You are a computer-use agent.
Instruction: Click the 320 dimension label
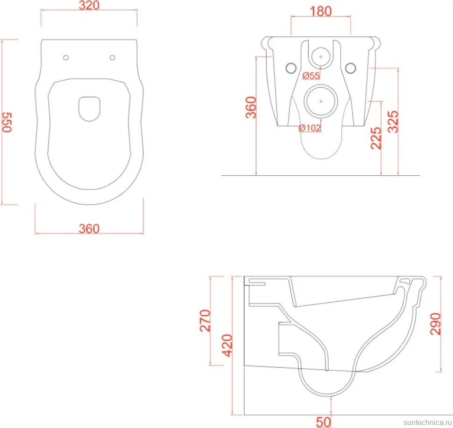(x=89, y=5)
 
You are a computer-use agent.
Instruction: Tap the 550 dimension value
(x=7, y=122)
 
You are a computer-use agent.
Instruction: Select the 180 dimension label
(x=320, y=11)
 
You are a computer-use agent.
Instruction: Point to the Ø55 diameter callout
(x=311, y=76)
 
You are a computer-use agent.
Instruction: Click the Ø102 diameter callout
(x=310, y=128)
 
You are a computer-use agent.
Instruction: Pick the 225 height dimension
(x=376, y=138)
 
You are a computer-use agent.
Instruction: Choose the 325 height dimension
(x=393, y=122)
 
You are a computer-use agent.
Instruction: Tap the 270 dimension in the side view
(x=205, y=320)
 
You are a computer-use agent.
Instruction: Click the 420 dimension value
(x=227, y=345)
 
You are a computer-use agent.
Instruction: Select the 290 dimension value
(x=435, y=324)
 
